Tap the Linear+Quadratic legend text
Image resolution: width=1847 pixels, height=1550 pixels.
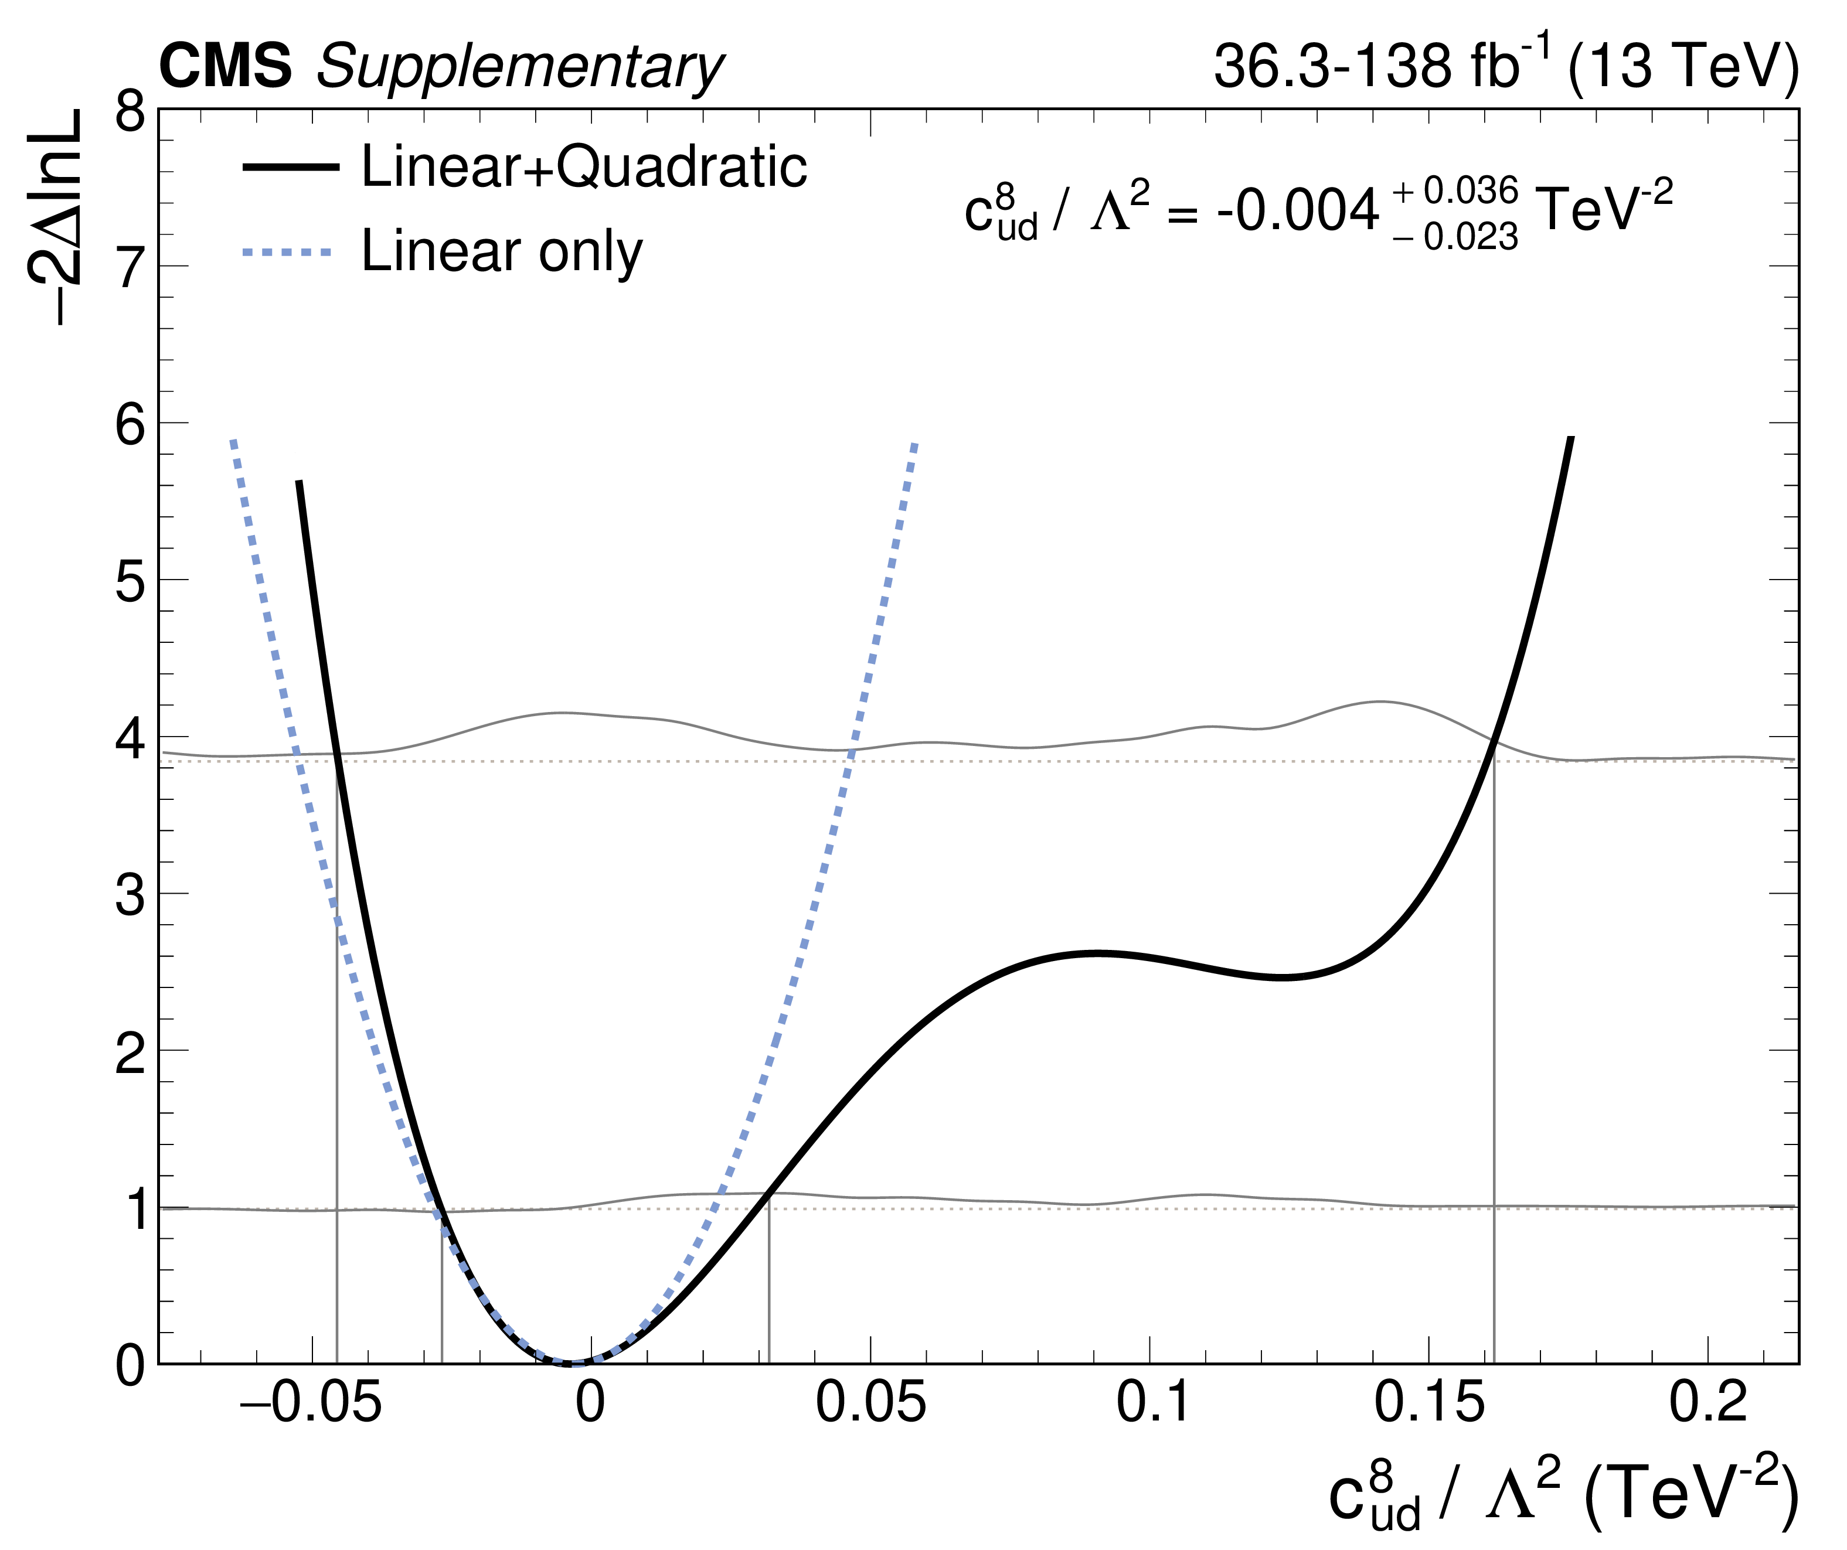click(584, 166)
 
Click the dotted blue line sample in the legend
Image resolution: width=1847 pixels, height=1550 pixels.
click(288, 253)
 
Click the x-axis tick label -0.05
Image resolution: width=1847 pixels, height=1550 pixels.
click(311, 1402)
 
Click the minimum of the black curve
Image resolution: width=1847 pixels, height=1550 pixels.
click(573, 1362)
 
